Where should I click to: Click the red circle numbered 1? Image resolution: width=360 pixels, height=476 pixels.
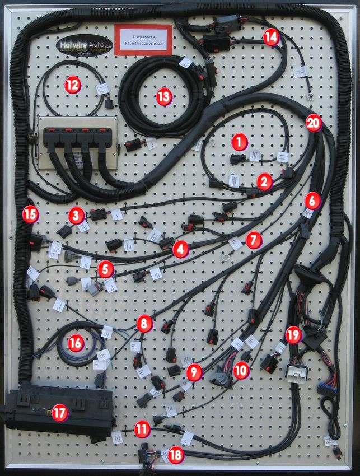pyautogui.click(x=239, y=142)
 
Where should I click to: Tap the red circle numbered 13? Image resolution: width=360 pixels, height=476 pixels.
pyautogui.click(x=163, y=97)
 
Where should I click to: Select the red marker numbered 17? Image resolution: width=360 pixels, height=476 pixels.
pyautogui.click(x=59, y=413)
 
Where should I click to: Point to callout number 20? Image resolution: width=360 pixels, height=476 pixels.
pyautogui.click(x=314, y=123)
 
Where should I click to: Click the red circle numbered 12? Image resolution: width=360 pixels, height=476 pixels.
pyautogui.click(x=72, y=85)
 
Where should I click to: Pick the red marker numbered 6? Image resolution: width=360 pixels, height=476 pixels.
pyautogui.click(x=312, y=199)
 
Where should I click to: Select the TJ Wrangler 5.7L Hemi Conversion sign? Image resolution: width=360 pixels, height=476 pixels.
pyautogui.click(x=143, y=38)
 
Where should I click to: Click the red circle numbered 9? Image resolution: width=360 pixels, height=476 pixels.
pyautogui.click(x=194, y=371)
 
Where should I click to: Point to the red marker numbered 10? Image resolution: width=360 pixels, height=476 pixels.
pyautogui.click(x=241, y=370)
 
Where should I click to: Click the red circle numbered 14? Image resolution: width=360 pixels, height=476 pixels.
pyautogui.click(x=271, y=38)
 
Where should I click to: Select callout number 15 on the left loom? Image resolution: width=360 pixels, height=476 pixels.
pyautogui.click(x=30, y=213)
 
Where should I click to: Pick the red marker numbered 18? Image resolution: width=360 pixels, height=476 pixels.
pyautogui.click(x=175, y=455)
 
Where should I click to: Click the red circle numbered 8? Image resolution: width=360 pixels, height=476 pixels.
pyautogui.click(x=144, y=323)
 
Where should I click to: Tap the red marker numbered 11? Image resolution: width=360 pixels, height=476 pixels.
pyautogui.click(x=142, y=430)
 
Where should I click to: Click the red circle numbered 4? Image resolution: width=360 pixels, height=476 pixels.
pyautogui.click(x=180, y=249)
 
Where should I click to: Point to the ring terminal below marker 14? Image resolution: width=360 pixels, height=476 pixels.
pyautogui.click(x=308, y=96)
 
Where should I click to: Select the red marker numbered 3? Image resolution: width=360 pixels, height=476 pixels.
pyautogui.click(x=77, y=214)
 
